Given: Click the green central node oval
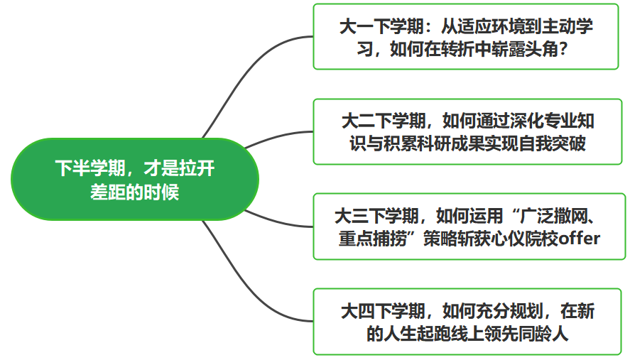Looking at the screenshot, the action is (135, 179).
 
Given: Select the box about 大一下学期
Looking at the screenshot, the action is (466, 36).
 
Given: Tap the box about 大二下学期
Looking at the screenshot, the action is (467, 132).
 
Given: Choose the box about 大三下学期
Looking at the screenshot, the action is (469, 227).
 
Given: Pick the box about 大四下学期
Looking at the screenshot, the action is (467, 322).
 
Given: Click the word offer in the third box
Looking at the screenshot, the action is (579, 239).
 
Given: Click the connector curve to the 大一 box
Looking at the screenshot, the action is (246, 77).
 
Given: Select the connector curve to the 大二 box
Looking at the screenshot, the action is (278, 136).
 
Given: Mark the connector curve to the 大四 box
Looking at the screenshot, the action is (246, 281).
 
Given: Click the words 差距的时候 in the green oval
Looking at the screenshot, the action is (135, 192).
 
